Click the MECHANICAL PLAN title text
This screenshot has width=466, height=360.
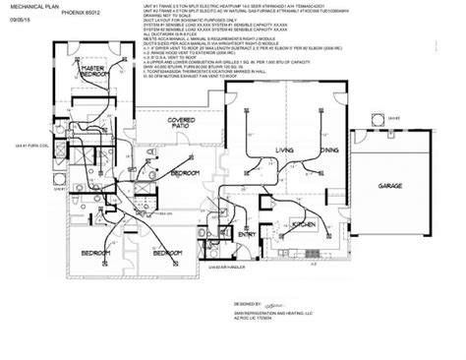(31, 8)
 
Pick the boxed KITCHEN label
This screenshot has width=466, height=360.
(303, 225)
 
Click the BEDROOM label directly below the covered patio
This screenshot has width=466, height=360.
(183, 173)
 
